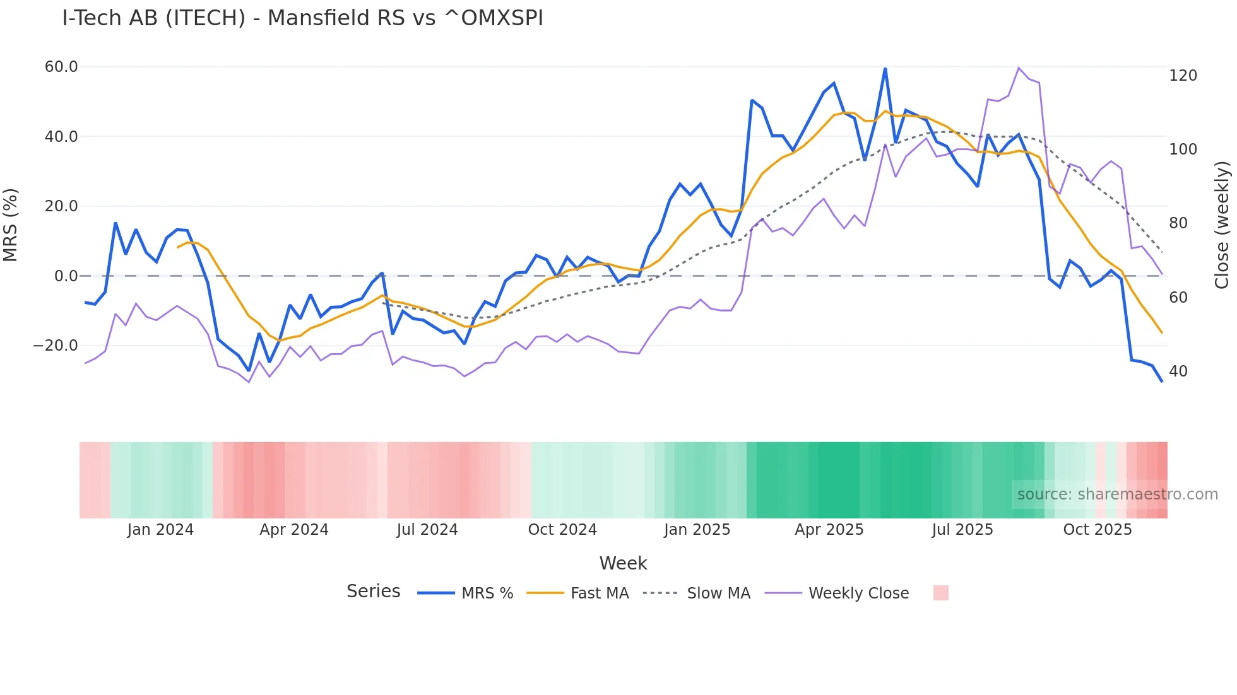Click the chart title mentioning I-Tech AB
point(302,18)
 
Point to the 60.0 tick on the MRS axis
point(61,67)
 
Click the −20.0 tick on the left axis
point(56,346)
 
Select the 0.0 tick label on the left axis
point(66,276)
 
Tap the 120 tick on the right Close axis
point(1183,76)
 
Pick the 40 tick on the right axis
point(1178,371)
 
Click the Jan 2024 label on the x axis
point(160,530)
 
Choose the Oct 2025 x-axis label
point(1097,530)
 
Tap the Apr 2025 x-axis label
point(829,530)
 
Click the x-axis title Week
point(623,563)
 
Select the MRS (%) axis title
point(11,225)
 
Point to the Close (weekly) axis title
point(1222,225)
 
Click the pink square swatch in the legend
point(940,593)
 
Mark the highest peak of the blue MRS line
point(885,69)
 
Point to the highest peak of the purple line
point(1019,67)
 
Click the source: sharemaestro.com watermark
point(1117,494)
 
